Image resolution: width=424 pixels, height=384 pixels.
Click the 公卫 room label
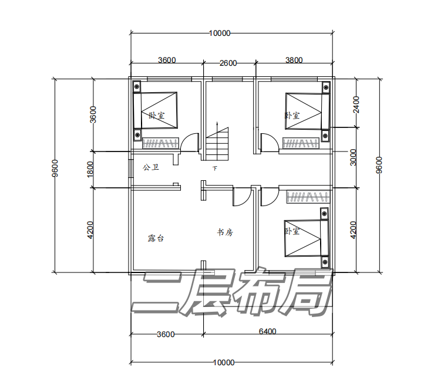point(151,167)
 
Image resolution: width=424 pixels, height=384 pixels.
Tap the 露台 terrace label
point(156,238)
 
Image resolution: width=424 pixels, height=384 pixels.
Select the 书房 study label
point(225,233)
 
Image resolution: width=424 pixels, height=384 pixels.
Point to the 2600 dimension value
point(228,63)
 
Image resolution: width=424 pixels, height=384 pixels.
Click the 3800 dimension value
point(294,60)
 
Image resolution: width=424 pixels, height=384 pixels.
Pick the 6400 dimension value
point(267,331)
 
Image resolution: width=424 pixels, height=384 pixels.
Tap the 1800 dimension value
point(90,169)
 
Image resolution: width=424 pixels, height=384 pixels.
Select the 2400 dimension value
point(356,105)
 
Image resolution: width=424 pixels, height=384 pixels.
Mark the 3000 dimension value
point(353,157)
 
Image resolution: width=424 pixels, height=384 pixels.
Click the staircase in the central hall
point(217,144)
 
